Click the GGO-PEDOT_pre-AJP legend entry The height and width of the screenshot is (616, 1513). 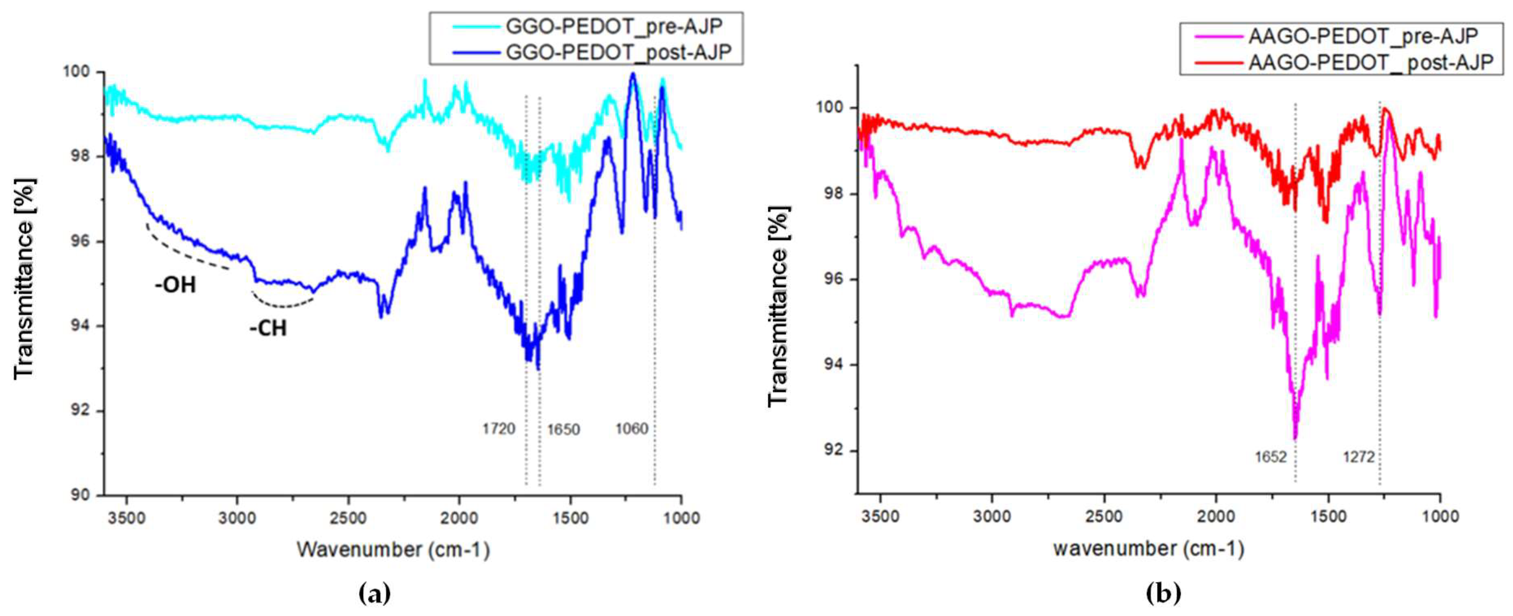(614, 26)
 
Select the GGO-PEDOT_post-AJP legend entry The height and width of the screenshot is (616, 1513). (618, 52)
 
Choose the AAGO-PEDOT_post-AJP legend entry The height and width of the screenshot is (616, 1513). (1370, 62)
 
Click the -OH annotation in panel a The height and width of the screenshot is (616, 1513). (175, 285)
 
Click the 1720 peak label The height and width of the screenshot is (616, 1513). (498, 429)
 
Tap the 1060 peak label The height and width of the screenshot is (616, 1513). (631, 429)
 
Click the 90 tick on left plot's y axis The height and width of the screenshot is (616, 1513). (81, 495)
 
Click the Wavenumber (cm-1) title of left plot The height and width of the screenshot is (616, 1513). (393, 550)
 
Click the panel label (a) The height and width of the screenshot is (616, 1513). (374, 594)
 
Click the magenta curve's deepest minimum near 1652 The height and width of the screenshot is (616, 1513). (1294, 437)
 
